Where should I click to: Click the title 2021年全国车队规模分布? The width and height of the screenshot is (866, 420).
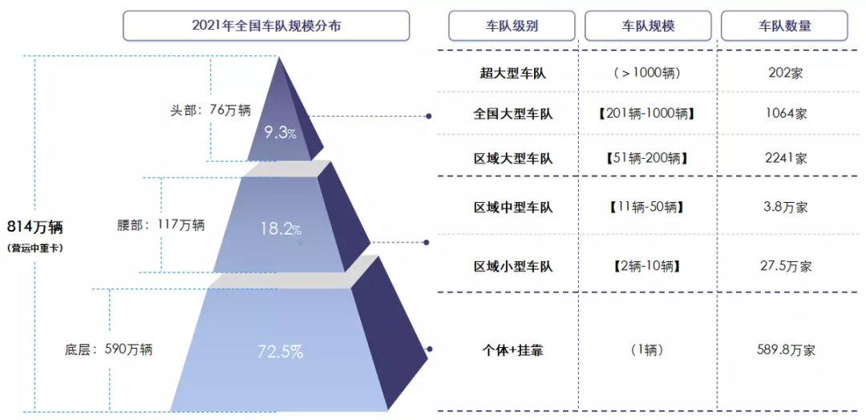tap(266, 26)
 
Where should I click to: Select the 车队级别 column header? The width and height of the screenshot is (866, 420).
tap(512, 26)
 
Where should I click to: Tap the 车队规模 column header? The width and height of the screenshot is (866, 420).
tap(649, 26)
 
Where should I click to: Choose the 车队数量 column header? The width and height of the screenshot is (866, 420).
tap(784, 26)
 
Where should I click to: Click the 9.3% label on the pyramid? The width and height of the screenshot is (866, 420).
tap(280, 133)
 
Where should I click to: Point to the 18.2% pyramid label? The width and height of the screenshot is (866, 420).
tap(281, 229)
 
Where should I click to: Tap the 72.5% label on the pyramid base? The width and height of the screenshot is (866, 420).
tap(280, 351)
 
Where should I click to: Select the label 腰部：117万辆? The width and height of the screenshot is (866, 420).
tap(161, 225)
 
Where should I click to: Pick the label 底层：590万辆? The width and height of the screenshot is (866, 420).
tap(108, 349)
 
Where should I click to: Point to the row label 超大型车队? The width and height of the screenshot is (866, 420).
tap(512, 73)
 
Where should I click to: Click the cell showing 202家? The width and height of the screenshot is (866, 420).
tap(785, 73)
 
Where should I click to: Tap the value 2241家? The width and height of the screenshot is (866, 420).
tap(785, 158)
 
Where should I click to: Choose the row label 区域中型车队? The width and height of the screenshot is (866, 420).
tap(512, 208)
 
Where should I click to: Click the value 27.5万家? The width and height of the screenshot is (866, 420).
tap(785, 266)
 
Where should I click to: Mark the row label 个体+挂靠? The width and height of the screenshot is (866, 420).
tap(512, 350)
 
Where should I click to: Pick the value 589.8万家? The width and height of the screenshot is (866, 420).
tap(785, 350)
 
